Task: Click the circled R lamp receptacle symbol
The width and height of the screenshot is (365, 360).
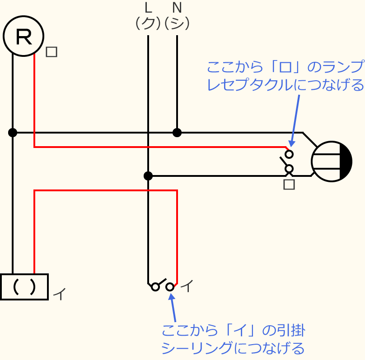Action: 23,36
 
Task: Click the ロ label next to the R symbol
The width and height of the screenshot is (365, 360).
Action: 51,52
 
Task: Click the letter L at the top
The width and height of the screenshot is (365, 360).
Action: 148,8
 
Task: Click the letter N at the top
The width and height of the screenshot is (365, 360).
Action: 177,8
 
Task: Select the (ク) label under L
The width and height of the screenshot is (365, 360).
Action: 148,23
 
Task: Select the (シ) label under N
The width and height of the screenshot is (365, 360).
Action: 177,23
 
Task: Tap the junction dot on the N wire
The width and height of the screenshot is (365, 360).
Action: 177,133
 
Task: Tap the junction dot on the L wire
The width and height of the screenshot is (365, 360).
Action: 148,176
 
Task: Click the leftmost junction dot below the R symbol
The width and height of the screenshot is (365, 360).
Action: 13,133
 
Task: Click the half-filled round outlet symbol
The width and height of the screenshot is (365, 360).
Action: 332,162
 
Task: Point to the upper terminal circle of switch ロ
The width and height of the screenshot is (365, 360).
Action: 289,154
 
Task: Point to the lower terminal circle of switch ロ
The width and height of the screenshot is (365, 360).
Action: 289,169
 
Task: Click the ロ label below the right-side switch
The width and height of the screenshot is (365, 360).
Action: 289,184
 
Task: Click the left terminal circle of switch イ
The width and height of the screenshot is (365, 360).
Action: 155,287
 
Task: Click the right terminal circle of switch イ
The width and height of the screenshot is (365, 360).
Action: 170,287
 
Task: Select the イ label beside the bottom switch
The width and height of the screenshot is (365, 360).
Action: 187,286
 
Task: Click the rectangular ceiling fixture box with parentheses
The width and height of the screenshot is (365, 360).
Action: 24,287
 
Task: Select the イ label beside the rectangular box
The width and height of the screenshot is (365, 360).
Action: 60,294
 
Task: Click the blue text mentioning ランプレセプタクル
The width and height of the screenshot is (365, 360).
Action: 285,76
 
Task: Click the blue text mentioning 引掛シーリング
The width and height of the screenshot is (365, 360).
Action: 233,339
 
